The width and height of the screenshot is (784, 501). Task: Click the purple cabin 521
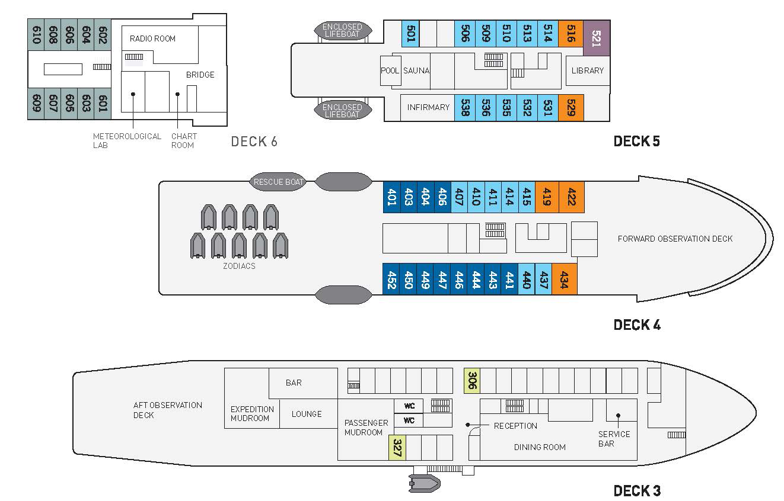[x=597, y=38]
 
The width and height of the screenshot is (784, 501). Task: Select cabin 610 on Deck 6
[x=36, y=35]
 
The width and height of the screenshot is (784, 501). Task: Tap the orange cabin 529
[x=571, y=108]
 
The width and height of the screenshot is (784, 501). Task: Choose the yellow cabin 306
[x=472, y=380]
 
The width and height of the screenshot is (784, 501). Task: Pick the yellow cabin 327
[x=397, y=448]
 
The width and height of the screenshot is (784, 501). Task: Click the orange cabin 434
[x=564, y=279]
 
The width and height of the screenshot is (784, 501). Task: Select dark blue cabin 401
[x=391, y=197]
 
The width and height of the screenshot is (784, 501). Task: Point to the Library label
[x=588, y=70]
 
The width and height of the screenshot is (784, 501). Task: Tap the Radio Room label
[x=152, y=38]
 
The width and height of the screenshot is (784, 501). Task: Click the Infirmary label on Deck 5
[x=428, y=107]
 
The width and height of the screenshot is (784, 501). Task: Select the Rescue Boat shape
[x=278, y=182]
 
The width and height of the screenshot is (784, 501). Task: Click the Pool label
[x=390, y=70]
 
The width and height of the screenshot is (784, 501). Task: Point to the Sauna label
[x=416, y=70]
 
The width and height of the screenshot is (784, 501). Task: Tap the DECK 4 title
[x=637, y=325]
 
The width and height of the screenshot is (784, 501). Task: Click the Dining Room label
[x=540, y=447]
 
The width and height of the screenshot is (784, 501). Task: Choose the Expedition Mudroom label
[x=252, y=413]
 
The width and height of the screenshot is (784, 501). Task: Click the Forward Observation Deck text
[x=675, y=239]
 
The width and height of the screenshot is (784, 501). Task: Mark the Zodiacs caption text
[x=239, y=266]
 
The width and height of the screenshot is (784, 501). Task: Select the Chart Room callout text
[x=184, y=140]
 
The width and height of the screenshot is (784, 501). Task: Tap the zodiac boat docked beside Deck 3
[x=424, y=483]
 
